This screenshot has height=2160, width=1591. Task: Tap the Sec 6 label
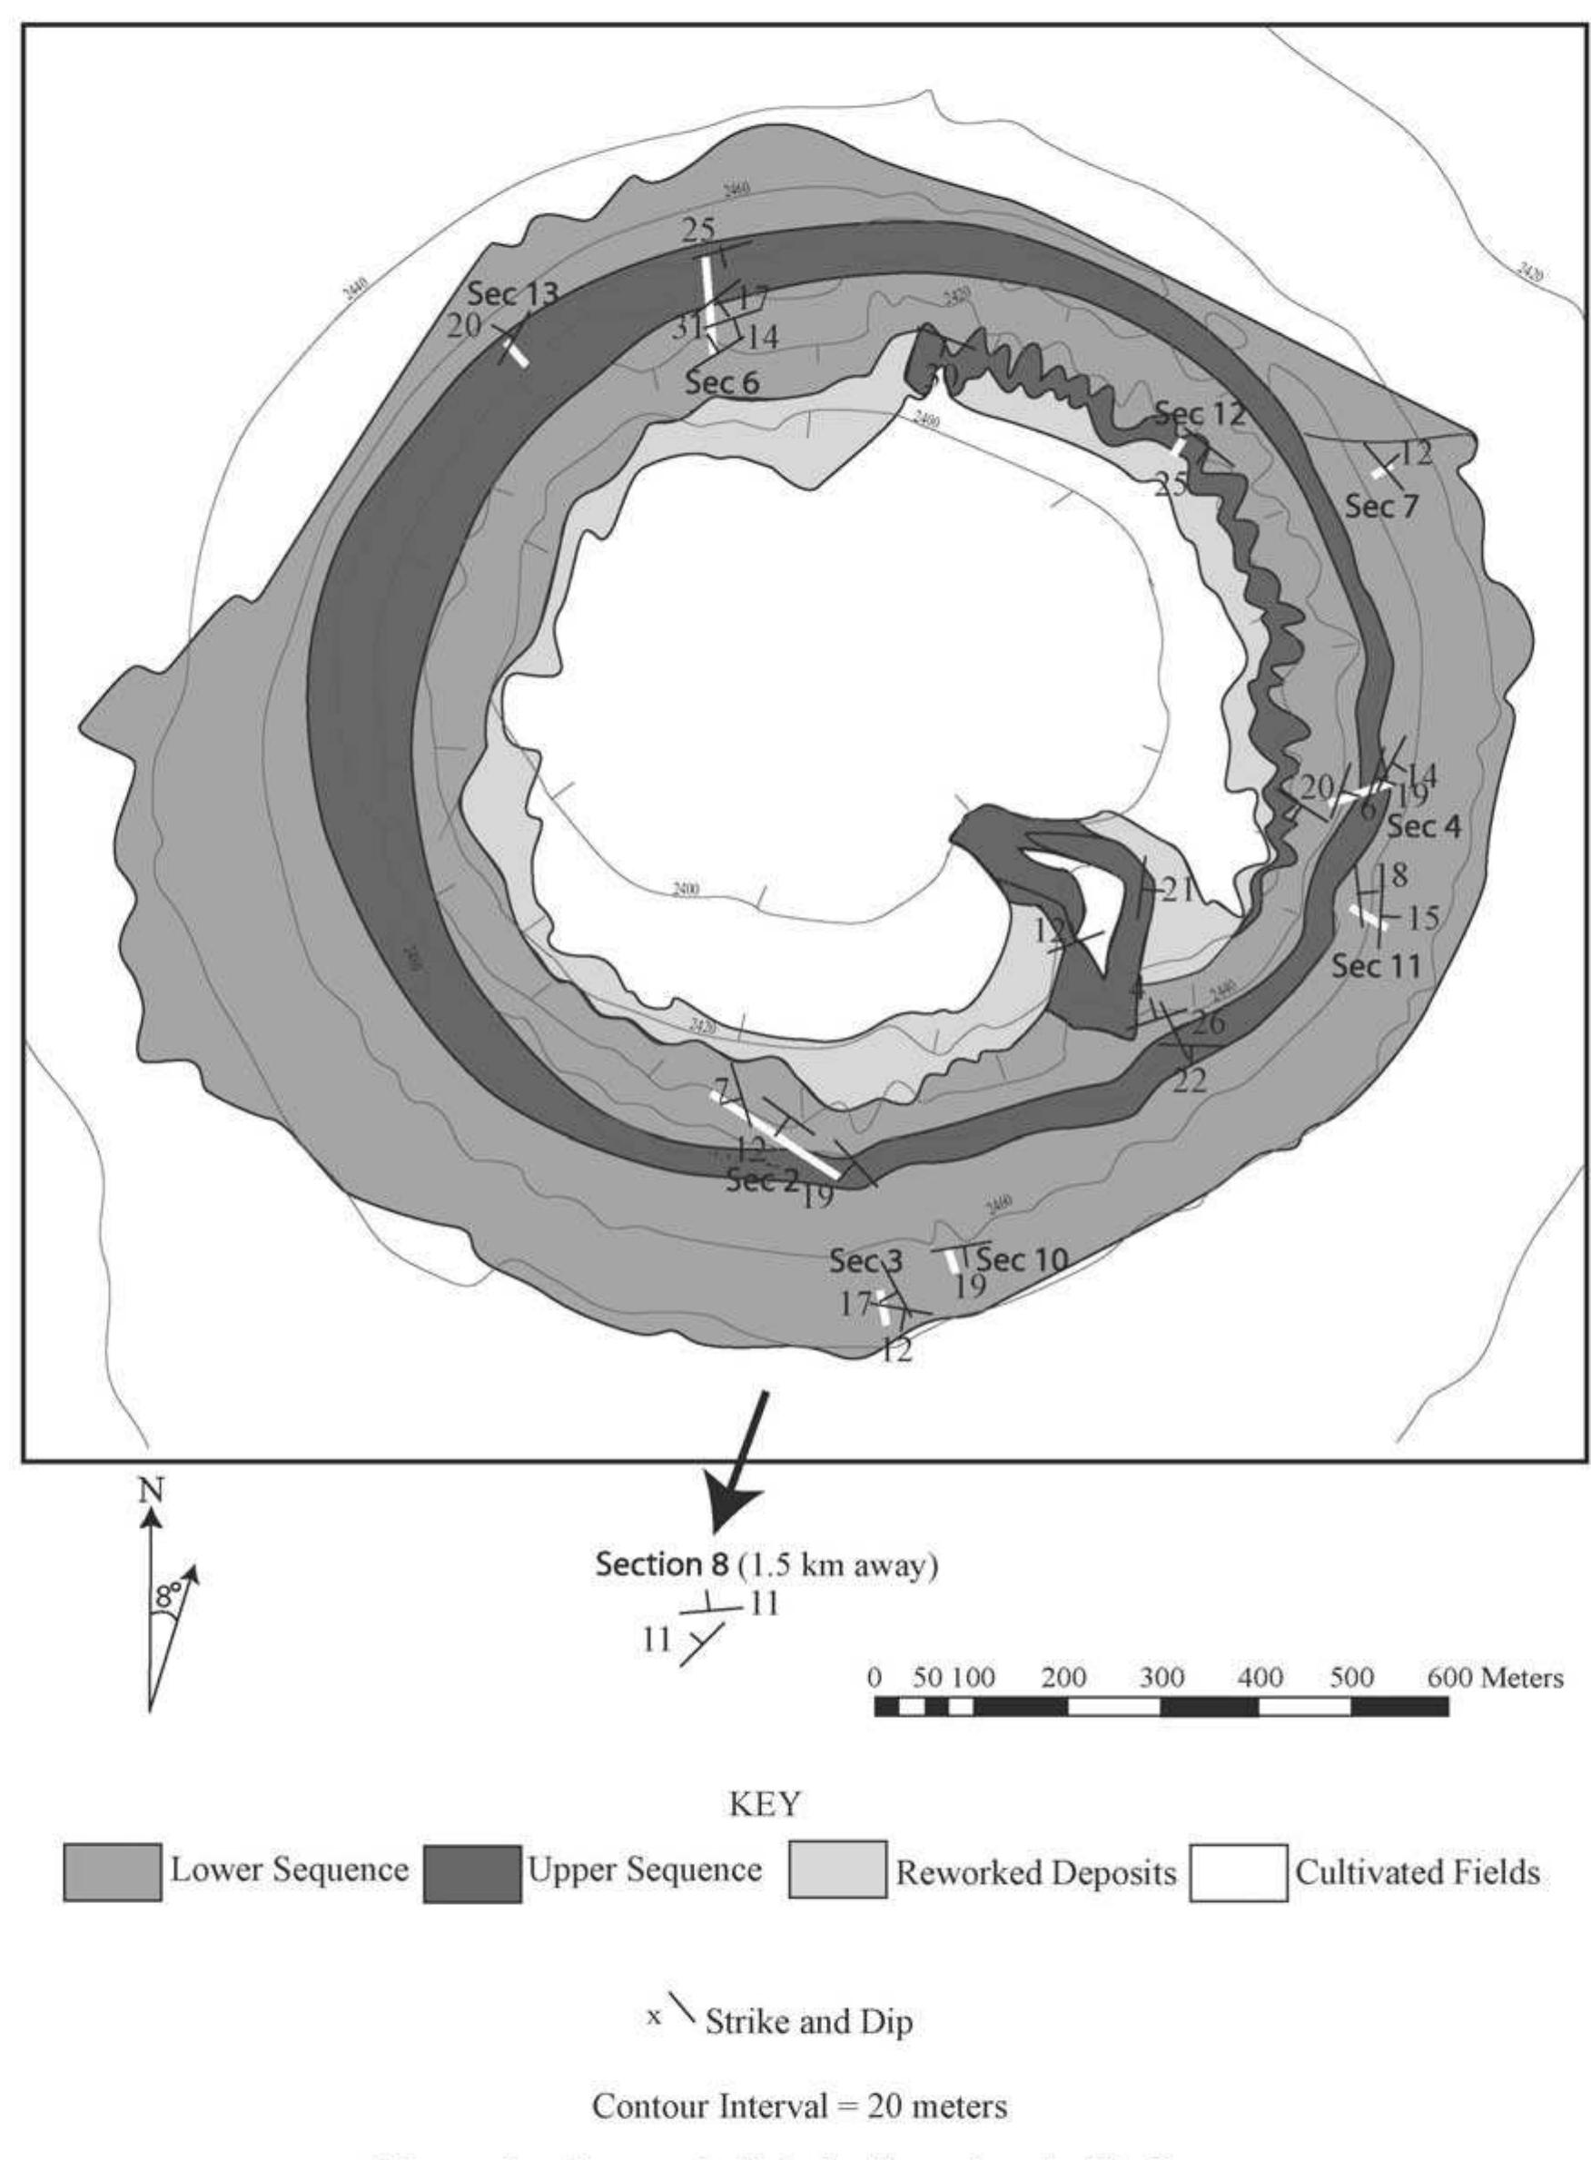click(x=722, y=382)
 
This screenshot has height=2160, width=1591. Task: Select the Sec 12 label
click(x=1199, y=414)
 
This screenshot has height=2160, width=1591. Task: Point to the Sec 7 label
click(x=1381, y=506)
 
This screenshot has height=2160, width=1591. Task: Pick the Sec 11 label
click(x=1377, y=965)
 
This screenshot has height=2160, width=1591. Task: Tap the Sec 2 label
click(x=762, y=1180)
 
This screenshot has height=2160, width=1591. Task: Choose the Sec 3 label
click(x=866, y=1260)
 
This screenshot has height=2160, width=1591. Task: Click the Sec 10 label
click(x=1022, y=1259)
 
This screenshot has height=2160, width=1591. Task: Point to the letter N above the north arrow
click(x=150, y=1490)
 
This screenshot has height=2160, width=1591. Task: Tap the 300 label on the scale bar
click(x=1161, y=1678)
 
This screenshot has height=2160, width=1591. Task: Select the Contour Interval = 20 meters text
click(x=799, y=2046)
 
